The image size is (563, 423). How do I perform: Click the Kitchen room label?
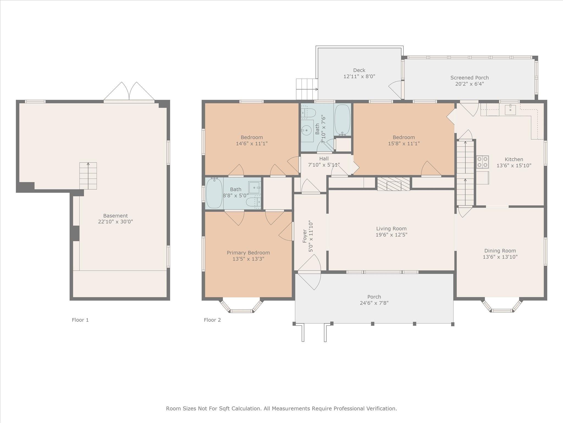[x=514, y=159]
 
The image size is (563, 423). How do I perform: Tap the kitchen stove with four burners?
[x=482, y=162]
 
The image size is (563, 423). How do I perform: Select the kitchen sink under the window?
[x=510, y=110]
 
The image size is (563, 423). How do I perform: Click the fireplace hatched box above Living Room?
[x=393, y=184]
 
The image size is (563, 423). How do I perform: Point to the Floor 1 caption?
[x=80, y=320]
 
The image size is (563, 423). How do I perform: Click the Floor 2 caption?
[x=212, y=320]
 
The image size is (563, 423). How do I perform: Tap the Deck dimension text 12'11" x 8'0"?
[x=359, y=77]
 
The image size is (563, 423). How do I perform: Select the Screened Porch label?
[x=470, y=78]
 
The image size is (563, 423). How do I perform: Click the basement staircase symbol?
[x=88, y=176]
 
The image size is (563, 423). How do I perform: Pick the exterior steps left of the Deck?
[x=307, y=89]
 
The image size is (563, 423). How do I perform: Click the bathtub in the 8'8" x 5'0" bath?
[x=214, y=193]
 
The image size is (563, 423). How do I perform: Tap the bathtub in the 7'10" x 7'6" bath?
[x=342, y=120]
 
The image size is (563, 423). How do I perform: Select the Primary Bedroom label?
[x=248, y=253]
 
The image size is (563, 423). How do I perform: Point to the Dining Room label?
[x=500, y=251]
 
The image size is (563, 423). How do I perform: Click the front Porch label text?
[x=374, y=297]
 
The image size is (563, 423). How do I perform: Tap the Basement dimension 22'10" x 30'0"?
[x=115, y=222]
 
